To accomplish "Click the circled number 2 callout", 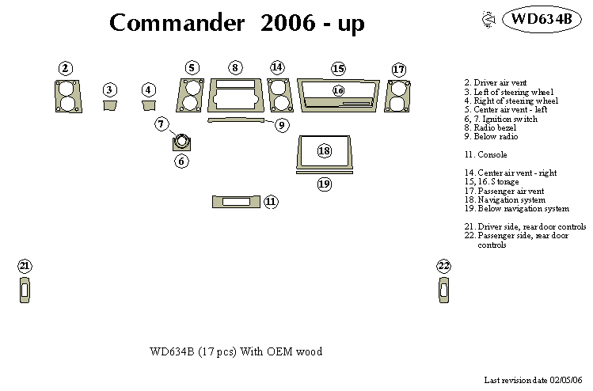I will coord(66,69).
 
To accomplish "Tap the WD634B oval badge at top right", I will coord(541,19).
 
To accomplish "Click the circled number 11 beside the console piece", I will coord(271,202).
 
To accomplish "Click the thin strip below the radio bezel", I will coord(234,120).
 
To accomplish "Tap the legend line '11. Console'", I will coord(486,154).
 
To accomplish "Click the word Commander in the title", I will coord(177,23).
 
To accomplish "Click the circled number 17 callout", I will coord(398,70).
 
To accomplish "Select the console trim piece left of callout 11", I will coord(235,202).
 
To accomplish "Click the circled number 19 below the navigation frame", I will coord(324,184).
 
